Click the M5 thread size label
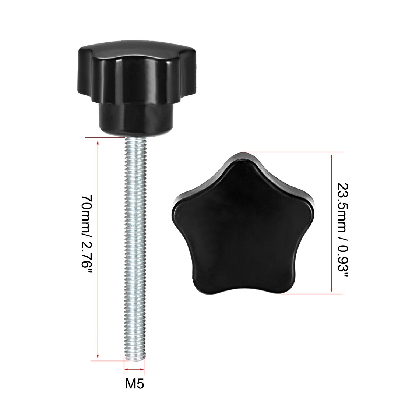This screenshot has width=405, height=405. pyautogui.click(x=134, y=384)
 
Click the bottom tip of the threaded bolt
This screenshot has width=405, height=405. pyautogui.click(x=134, y=360)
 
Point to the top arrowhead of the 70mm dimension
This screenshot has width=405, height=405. pyautogui.click(x=98, y=142)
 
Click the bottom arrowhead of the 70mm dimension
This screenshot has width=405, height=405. pyautogui.click(x=98, y=356)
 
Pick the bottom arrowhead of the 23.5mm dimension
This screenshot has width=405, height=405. pyautogui.click(x=332, y=289)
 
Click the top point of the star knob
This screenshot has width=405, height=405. pyautogui.click(x=243, y=154)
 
